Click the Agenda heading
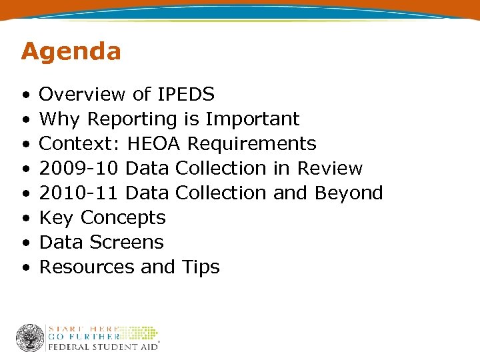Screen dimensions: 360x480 [71, 51]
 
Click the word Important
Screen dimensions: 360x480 [253, 119]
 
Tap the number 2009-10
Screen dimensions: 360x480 [79, 169]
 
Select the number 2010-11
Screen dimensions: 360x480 [79, 193]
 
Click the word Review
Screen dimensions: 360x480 [330, 169]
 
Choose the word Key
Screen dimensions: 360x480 [57, 218]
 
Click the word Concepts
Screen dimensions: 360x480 [123, 218]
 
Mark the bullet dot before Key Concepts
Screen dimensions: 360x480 [25, 219]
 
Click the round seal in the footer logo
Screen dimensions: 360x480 [30, 338]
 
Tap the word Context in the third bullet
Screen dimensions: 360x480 [79, 144]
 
